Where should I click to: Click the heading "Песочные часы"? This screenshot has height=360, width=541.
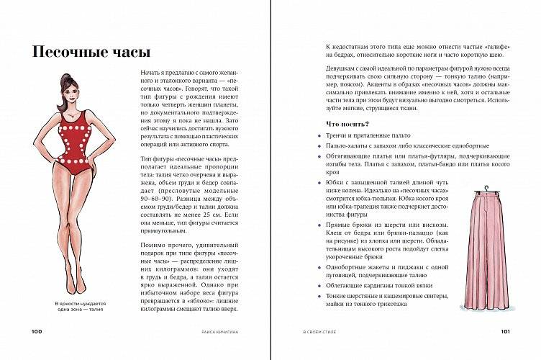pos(91,52)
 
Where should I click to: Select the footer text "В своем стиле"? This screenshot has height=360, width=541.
pos(318,331)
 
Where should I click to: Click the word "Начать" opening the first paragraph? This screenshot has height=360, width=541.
pos(148,73)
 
